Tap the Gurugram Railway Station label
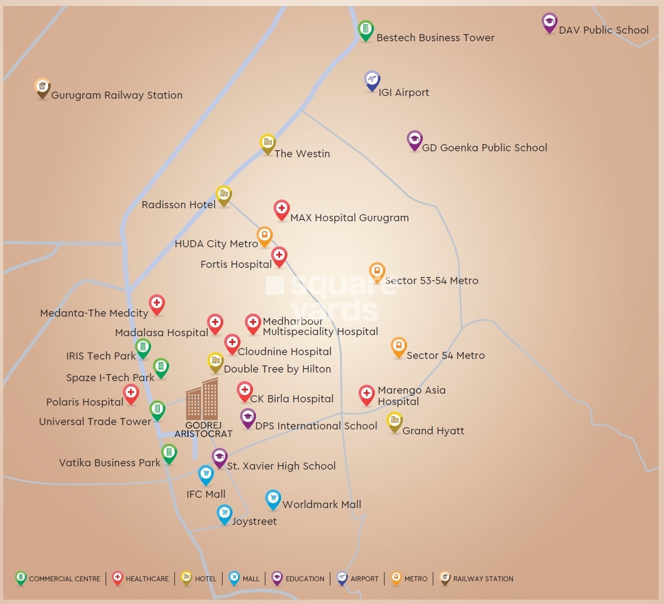coord(116,95)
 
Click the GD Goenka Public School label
coord(484,147)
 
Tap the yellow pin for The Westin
coord(268,144)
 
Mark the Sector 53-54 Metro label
coord(432,281)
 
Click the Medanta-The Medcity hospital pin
coord(157,305)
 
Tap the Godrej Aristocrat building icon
coord(202,400)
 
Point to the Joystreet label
coord(255,522)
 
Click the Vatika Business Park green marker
coord(169,453)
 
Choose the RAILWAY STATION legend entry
coord(477,579)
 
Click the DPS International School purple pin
coord(248,418)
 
